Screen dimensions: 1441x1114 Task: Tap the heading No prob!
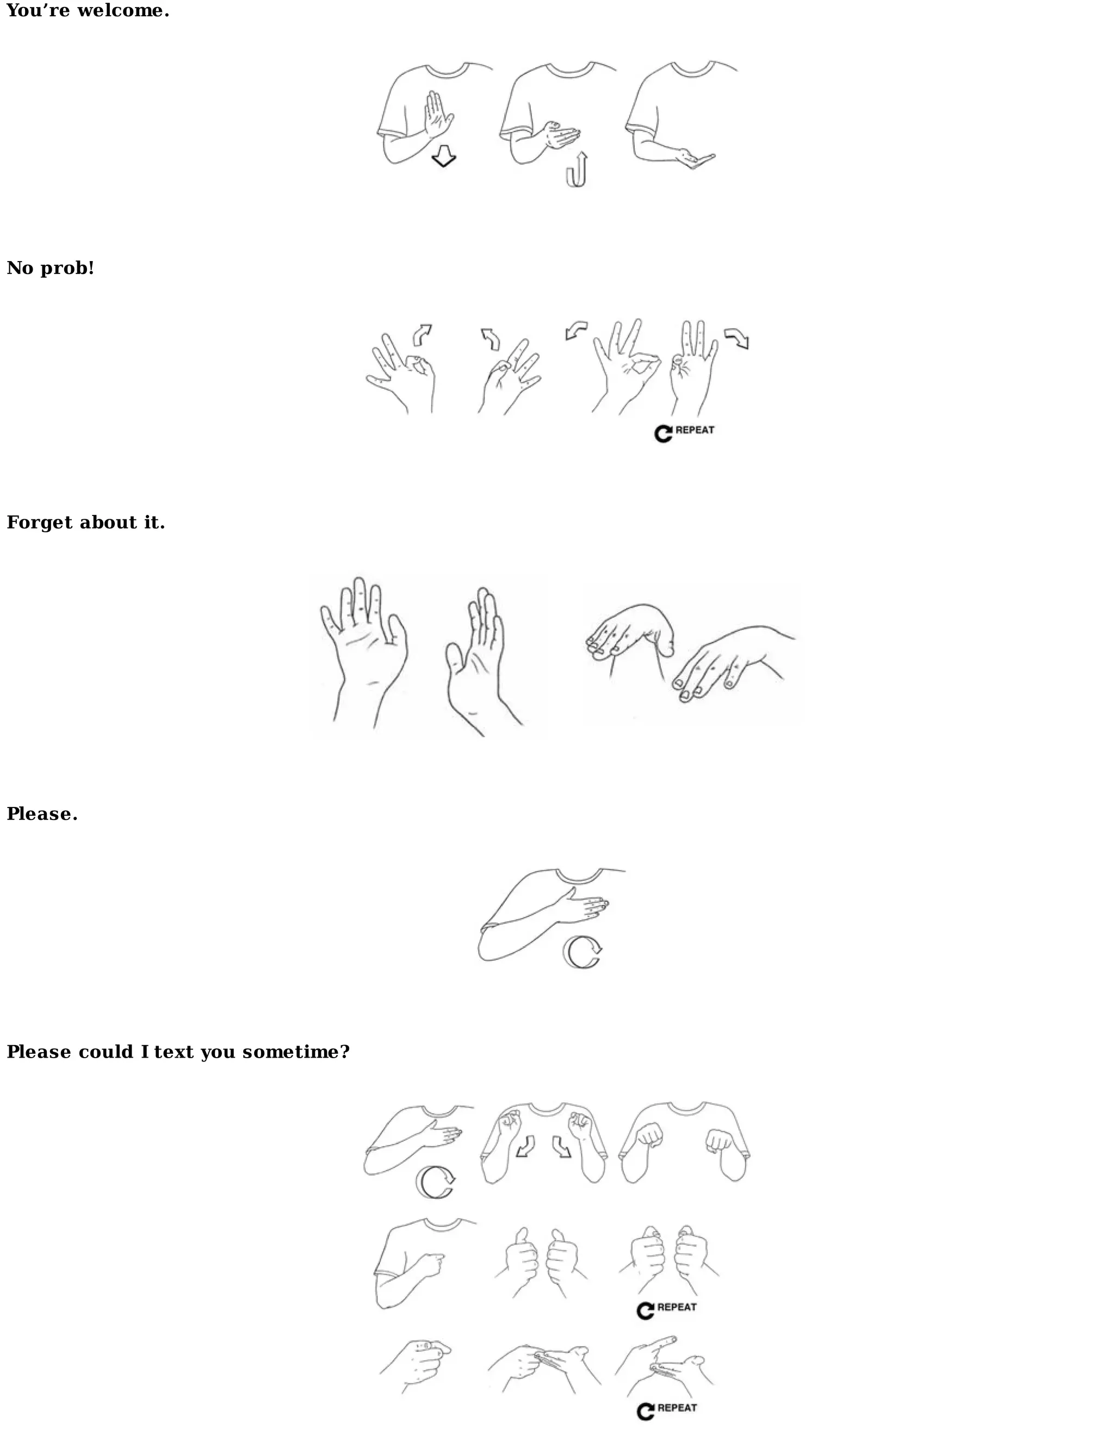[50, 268]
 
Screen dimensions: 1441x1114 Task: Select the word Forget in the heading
[40, 523]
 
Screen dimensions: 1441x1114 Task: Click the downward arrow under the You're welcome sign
[443, 158]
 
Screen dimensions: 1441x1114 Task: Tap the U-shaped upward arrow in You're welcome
[577, 171]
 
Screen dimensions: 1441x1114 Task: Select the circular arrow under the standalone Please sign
[582, 952]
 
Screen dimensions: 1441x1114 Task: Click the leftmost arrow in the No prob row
[422, 334]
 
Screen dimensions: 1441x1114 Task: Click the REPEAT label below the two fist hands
[677, 1307]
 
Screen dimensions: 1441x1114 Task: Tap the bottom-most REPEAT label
[677, 1408]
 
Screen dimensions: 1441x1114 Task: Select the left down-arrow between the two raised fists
[526, 1146]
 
